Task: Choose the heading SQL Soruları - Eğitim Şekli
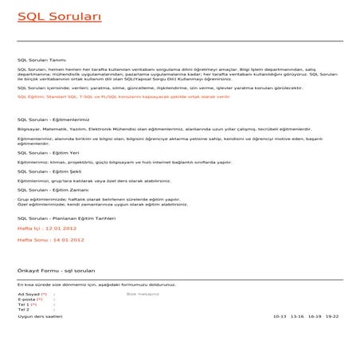click(49, 170)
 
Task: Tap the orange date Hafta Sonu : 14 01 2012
click(50, 239)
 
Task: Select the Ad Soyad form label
click(31, 294)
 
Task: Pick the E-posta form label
click(29, 299)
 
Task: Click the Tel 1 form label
click(26, 304)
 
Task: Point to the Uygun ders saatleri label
click(40, 316)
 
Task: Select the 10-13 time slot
click(279, 316)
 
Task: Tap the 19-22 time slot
click(331, 316)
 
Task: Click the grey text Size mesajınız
click(143, 294)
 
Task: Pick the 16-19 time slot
click(315, 316)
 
